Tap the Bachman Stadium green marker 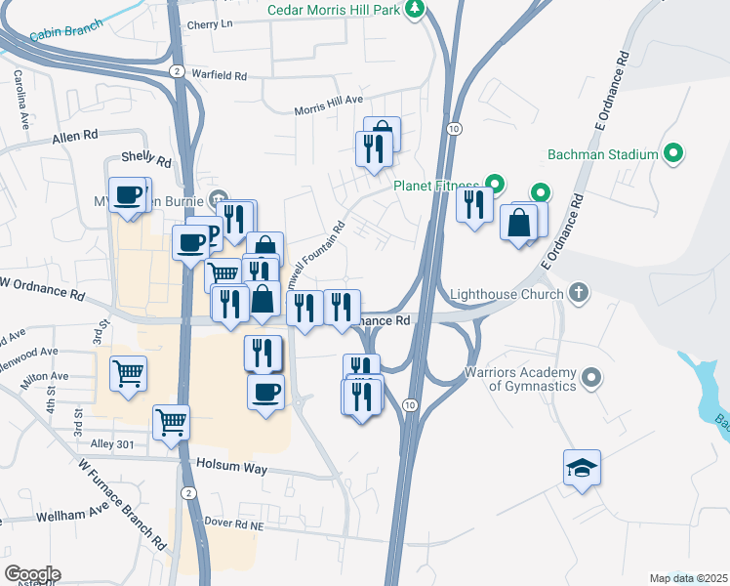point(671,154)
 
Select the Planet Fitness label point(435,185)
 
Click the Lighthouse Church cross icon point(579,293)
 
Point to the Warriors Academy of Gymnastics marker point(590,377)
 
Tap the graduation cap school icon point(582,469)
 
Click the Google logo point(31,574)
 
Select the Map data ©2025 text point(688,578)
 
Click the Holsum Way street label point(231,468)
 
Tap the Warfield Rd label point(220,74)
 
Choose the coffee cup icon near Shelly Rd point(127,195)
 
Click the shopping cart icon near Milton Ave point(129,373)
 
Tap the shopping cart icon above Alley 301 point(171,422)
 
